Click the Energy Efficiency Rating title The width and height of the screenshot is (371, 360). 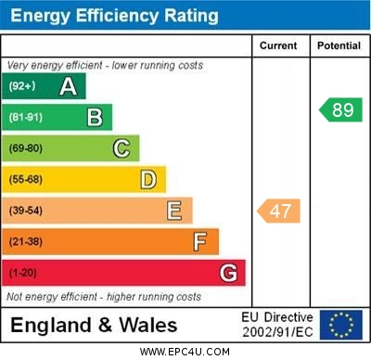114,16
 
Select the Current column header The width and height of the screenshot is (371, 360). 278,45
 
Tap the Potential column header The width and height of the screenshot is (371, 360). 339,45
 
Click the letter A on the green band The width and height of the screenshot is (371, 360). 68,86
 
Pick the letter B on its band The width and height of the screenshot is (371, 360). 95,117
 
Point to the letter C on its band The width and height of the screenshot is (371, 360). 122,148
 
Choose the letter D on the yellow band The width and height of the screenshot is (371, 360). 148,179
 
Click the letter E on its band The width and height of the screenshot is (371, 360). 174,211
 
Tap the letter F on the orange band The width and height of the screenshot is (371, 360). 200,242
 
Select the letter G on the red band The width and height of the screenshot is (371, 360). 228,273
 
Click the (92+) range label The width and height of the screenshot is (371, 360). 22,86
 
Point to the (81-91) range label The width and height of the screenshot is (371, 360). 26,117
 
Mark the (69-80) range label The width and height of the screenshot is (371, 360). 26,148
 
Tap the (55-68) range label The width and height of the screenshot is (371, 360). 26,179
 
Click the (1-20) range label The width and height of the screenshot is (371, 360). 23,273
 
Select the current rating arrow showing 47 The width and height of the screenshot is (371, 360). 279,211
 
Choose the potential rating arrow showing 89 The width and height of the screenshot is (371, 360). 340,109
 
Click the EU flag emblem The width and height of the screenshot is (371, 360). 340,325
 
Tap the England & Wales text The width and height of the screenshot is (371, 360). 94,326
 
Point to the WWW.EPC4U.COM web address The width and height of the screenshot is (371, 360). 185,352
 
